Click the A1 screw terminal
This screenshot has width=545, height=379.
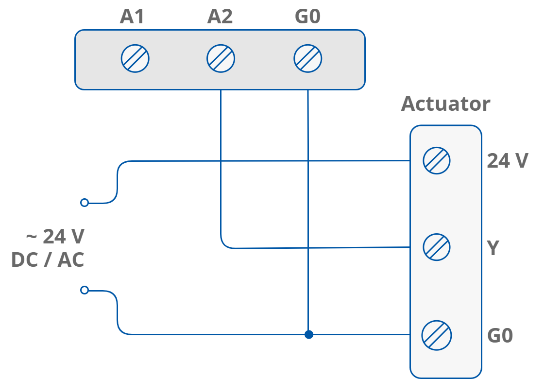pyautogui.click(x=135, y=59)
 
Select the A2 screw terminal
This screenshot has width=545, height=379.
pyautogui.click(x=221, y=59)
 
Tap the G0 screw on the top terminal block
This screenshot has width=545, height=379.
pyautogui.click(x=308, y=59)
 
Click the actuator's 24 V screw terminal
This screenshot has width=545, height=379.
pyautogui.click(x=437, y=160)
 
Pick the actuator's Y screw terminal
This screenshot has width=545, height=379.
pyautogui.click(x=437, y=247)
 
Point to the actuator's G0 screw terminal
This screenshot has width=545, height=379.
pyautogui.click(x=437, y=335)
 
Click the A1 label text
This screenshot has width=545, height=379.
pyautogui.click(x=132, y=17)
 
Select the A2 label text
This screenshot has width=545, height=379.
pyautogui.click(x=220, y=17)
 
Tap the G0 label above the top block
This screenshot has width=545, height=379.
pyautogui.click(x=307, y=17)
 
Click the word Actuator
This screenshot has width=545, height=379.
pyautogui.click(x=445, y=104)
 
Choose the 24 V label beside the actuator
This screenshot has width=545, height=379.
pyautogui.click(x=507, y=161)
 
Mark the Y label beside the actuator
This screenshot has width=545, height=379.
pyautogui.click(x=493, y=248)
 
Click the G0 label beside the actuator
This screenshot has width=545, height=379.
pyautogui.click(x=500, y=336)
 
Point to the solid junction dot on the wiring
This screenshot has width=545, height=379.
pyautogui.click(x=308, y=335)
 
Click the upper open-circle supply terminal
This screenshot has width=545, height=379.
pyautogui.click(x=85, y=203)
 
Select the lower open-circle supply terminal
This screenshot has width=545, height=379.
pyautogui.click(x=85, y=290)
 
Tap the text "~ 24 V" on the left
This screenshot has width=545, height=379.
pyautogui.click(x=55, y=237)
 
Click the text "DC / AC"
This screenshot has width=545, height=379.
pyautogui.click(x=48, y=260)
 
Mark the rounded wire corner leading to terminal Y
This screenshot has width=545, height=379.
pyautogui.click(x=224, y=245)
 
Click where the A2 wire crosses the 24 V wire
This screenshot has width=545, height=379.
pyautogui.click(x=221, y=160)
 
